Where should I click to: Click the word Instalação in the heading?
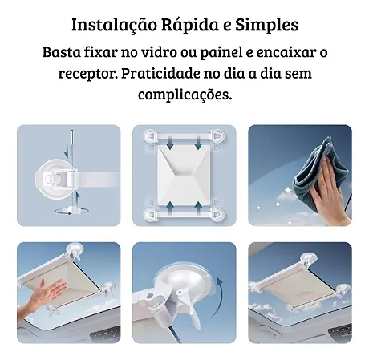pos(111,24)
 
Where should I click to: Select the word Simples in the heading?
pos(269,24)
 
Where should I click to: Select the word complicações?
pos(184,94)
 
